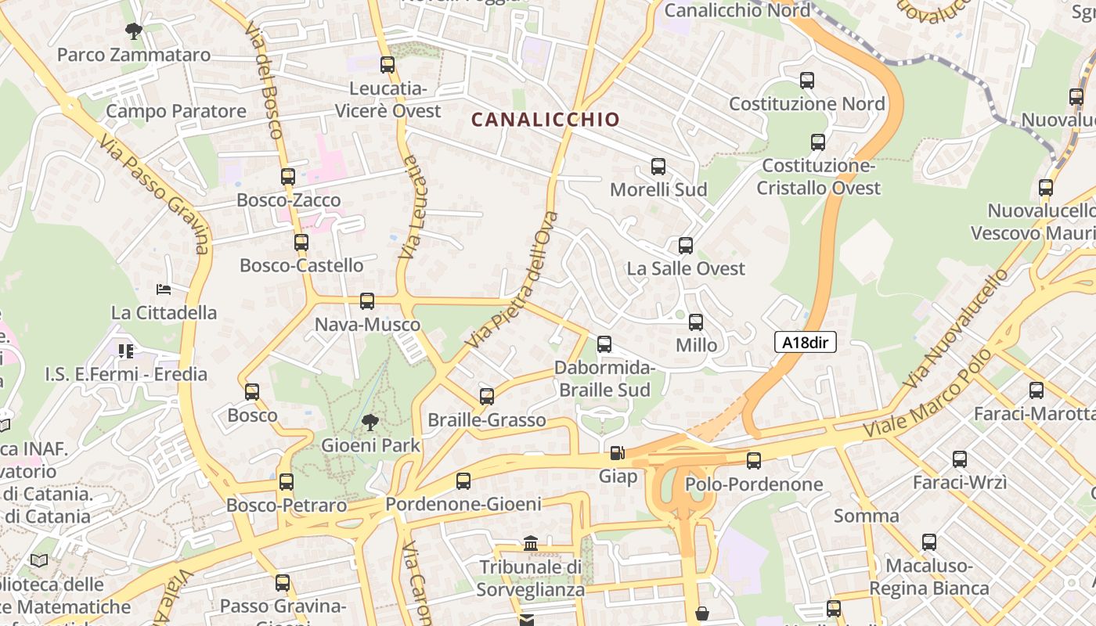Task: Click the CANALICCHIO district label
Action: click(545, 120)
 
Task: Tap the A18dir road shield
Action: click(806, 342)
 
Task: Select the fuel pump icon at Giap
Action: click(617, 453)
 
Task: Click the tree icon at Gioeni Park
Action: click(370, 423)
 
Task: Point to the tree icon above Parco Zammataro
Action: click(134, 31)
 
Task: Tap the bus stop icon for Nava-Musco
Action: click(366, 301)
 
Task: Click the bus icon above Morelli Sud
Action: click(658, 167)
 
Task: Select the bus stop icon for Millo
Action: click(696, 322)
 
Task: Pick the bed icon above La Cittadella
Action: click(164, 290)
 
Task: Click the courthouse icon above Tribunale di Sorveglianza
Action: click(531, 543)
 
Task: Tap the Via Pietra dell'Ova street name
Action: click(513, 279)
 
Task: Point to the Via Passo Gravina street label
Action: click(155, 194)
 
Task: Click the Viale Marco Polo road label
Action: click(926, 394)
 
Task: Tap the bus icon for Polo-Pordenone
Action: click(753, 461)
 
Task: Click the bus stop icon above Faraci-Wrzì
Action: click(959, 459)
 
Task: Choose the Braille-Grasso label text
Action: click(486, 420)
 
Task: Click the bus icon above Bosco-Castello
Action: click(301, 243)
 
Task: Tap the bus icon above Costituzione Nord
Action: click(807, 81)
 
